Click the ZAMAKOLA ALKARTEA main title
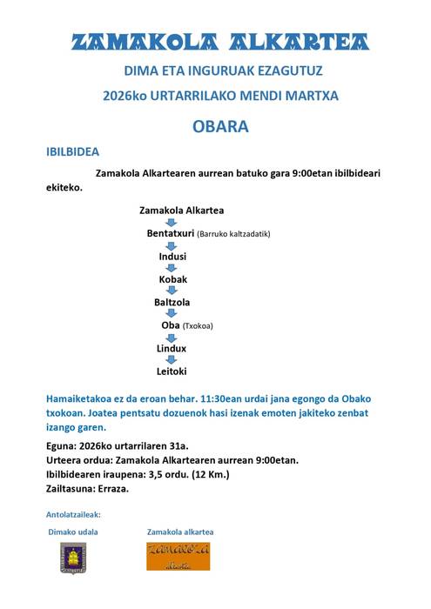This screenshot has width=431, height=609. tap(219, 42)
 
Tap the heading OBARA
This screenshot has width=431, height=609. tap(220, 126)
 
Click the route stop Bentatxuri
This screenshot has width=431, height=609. tap(171, 233)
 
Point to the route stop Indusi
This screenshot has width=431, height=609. tap(172, 257)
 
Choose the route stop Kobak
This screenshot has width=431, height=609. tap(172, 279)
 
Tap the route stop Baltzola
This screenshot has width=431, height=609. tap(172, 302)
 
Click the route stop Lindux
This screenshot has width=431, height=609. tap(172, 348)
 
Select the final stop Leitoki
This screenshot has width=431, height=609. tap(172, 371)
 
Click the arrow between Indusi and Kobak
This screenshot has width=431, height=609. tap(172, 268)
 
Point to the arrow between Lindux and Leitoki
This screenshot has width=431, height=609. tap(172, 359)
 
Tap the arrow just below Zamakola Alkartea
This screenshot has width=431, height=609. tap(172, 222)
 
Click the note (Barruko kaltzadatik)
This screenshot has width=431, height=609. tap(234, 234)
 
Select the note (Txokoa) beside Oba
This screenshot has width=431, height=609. tap(198, 326)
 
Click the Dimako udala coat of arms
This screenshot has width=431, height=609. tap(73, 557)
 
